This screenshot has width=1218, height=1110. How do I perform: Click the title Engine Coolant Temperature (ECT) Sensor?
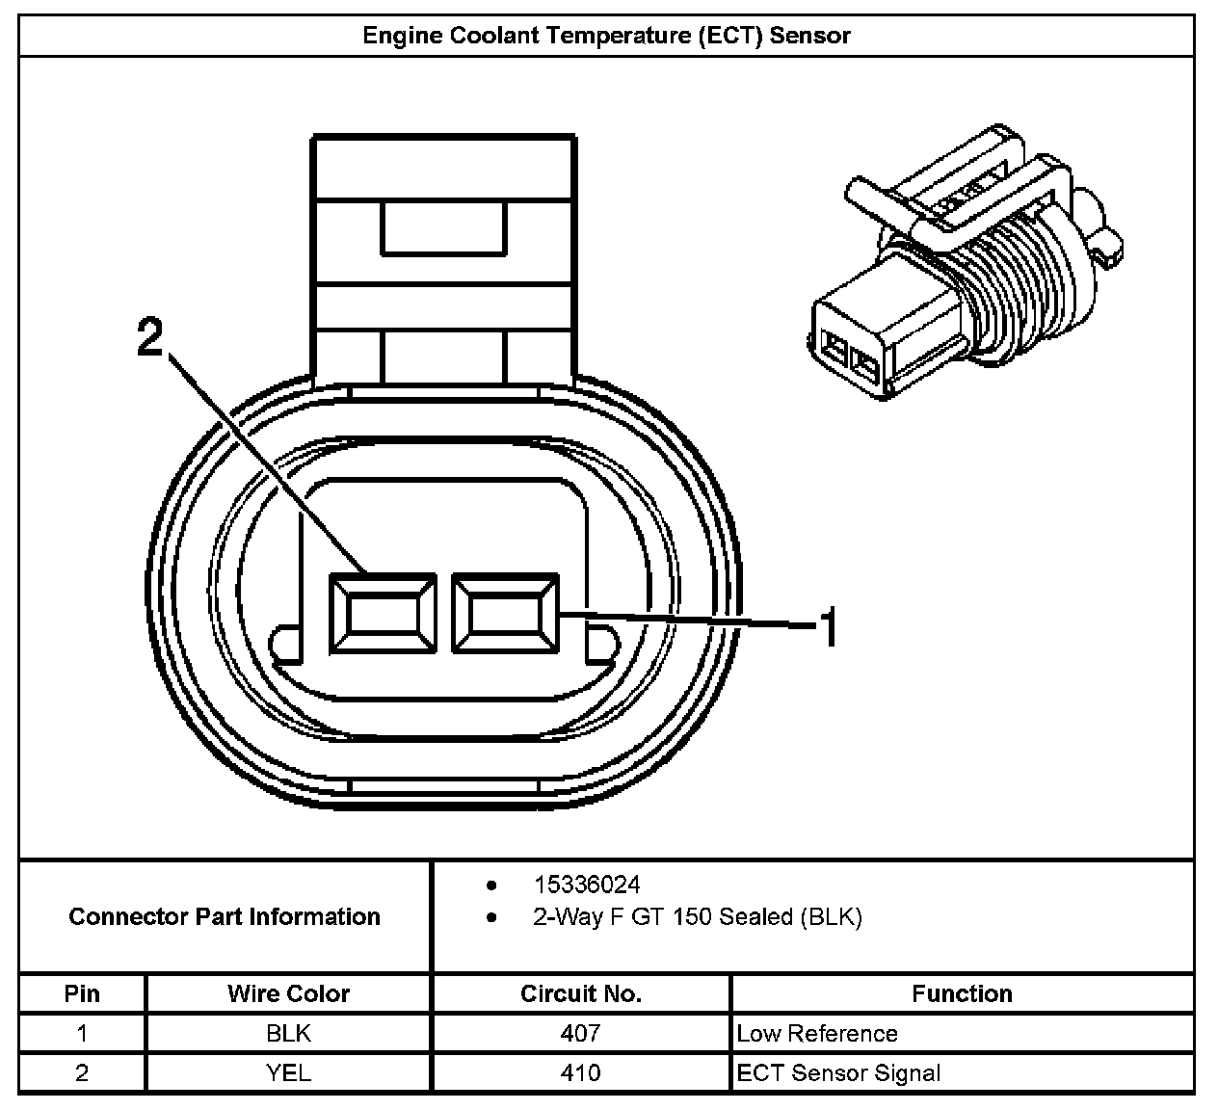pos(606,37)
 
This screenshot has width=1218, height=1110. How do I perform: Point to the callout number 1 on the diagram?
pos(827,628)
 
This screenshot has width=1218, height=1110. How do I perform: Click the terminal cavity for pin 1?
pos(505,613)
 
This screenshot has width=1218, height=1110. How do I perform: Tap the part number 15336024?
pos(586,885)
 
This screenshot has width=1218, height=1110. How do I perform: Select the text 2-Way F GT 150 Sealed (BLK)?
pos(697,916)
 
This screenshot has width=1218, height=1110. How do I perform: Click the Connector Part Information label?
pos(225,916)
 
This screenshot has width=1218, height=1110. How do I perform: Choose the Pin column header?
pos(82,993)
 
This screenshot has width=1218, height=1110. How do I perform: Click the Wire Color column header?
pos(288,993)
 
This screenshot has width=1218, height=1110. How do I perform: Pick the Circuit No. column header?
pos(580,993)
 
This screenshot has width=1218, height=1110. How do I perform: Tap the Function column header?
pos(962,993)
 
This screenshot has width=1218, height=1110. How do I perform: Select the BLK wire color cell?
pos(288,1034)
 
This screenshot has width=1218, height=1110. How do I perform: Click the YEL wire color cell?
pos(288,1072)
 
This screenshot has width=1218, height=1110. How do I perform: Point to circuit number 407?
pos(580,1034)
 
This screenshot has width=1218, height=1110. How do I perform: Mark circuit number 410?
pos(580,1072)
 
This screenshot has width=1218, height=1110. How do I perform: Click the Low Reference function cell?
pos(817,1034)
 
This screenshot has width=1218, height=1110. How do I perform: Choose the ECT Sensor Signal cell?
pos(838,1072)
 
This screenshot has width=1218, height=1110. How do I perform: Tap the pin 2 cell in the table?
pos(82,1072)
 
